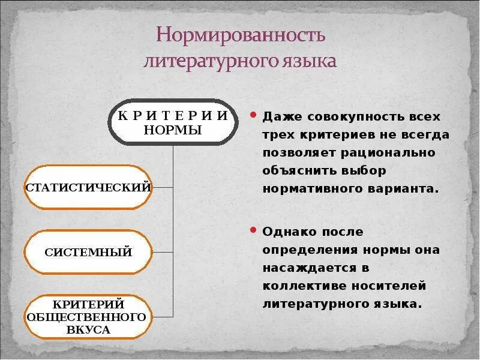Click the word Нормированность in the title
pyautogui.click(x=241, y=35)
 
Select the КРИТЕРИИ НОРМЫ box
pyautogui.click(x=173, y=122)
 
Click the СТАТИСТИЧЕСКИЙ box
pyautogui.click(x=88, y=187)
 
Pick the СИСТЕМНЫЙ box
pyautogui.click(x=88, y=252)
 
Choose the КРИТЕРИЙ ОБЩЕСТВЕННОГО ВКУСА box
pyautogui.click(x=88, y=316)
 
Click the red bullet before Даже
pyautogui.click(x=254, y=114)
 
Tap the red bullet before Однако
pyautogui.click(x=254, y=229)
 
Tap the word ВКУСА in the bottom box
pyautogui.click(x=88, y=329)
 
